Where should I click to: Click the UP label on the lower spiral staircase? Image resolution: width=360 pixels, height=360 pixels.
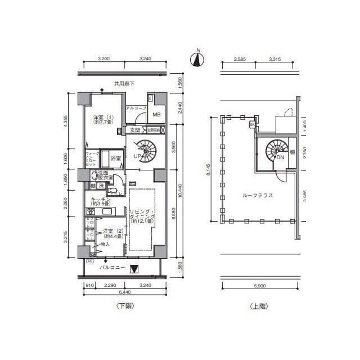coord(136,156)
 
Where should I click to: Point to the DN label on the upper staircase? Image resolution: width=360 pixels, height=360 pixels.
coord(280,157)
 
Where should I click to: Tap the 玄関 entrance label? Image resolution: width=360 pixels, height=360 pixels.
coord(135,130)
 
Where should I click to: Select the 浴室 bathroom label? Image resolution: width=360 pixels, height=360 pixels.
coord(116,158)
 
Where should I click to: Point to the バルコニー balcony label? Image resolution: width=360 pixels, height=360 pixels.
coord(112,268)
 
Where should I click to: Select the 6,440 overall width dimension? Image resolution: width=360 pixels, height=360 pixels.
coord(118,292)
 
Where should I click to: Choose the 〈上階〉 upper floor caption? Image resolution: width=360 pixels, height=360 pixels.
coord(258,306)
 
